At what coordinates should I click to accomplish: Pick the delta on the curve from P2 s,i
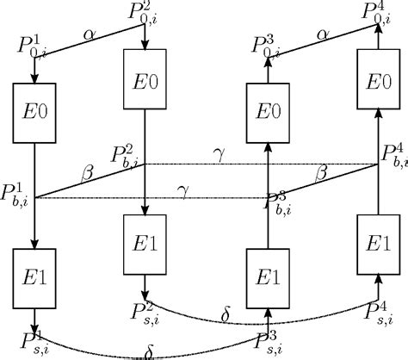226,317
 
